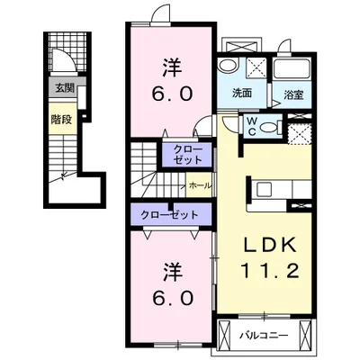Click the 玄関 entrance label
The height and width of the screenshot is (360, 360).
65,88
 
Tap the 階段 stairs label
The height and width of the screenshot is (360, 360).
61,120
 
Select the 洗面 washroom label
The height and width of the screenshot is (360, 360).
242,94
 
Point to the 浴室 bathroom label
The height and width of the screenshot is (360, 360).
293,95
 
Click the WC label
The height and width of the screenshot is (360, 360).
251,126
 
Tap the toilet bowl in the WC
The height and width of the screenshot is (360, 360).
270,128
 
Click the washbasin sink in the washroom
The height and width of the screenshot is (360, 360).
227,65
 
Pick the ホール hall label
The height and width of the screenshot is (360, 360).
200,185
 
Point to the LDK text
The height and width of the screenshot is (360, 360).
270,245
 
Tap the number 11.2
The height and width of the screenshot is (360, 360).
270,270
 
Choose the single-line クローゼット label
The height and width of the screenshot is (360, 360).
169,215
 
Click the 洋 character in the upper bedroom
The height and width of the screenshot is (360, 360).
173,67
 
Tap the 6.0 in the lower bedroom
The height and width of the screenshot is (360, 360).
173,299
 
